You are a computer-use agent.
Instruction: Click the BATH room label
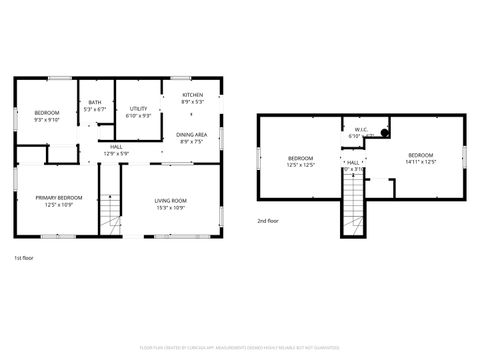click(95, 102)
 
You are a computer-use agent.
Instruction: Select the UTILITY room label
click(139, 108)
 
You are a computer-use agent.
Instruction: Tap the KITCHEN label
click(192, 95)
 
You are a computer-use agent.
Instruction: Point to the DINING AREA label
click(192, 134)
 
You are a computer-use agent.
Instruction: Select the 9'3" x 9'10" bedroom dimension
click(47, 119)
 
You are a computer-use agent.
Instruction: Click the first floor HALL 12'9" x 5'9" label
click(117, 153)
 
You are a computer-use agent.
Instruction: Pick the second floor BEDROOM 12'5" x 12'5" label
click(301, 158)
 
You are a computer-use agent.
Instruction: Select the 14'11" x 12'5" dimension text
click(420, 161)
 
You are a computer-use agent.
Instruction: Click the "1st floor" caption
click(24, 258)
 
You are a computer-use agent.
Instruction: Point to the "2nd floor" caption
click(268, 220)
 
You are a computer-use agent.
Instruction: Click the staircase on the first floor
click(112, 205)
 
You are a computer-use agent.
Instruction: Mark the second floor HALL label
click(353, 162)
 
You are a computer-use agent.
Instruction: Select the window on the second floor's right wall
click(465, 156)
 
